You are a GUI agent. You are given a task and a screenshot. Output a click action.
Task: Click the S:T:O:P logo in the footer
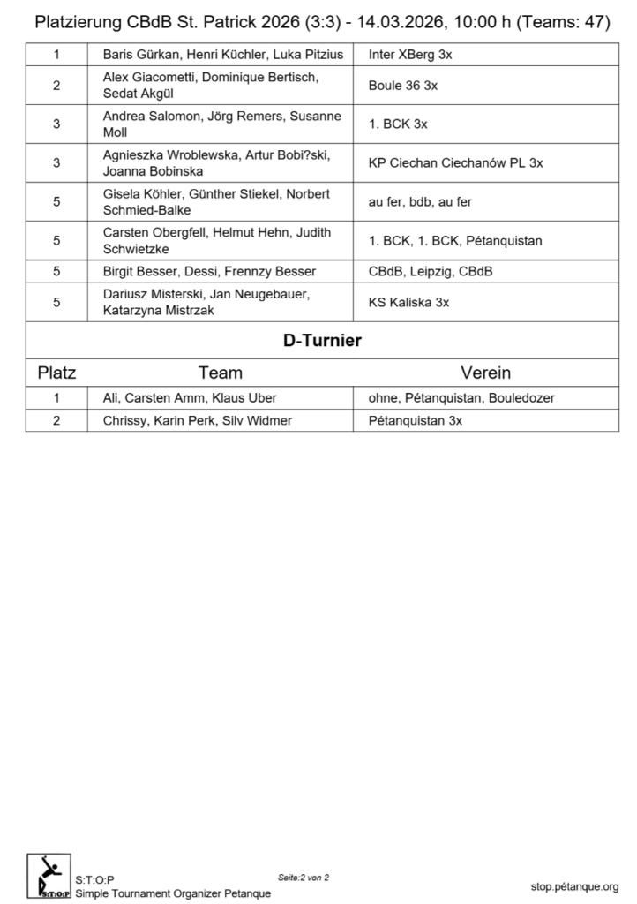pos(49,876)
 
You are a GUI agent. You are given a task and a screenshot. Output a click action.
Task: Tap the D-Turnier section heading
pos(322,341)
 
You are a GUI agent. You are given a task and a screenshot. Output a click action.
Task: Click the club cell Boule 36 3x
pos(404,87)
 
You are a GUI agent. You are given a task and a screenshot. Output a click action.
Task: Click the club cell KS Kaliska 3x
pos(408,302)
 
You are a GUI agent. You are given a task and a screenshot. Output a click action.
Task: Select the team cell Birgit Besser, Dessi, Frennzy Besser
pos(209,271)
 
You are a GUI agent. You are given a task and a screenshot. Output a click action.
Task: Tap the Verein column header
pos(485,373)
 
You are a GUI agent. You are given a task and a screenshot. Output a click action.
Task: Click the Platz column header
pos(56,373)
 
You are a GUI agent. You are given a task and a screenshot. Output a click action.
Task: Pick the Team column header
pos(220,373)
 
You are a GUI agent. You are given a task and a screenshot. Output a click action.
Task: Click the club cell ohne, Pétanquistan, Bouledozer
pos(461,398)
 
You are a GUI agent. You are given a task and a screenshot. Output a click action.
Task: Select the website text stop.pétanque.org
pos(574,886)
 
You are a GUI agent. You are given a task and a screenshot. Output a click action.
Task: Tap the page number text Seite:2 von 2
pos(304,878)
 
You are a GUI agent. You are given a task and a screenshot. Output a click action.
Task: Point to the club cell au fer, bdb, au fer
pos(420,202)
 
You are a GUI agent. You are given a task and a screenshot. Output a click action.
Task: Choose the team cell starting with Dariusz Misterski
pos(207,302)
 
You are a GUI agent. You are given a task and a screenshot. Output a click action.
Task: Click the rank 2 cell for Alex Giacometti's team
pos(56,87)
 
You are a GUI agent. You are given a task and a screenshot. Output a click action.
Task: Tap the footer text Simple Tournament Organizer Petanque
pos(173,893)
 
